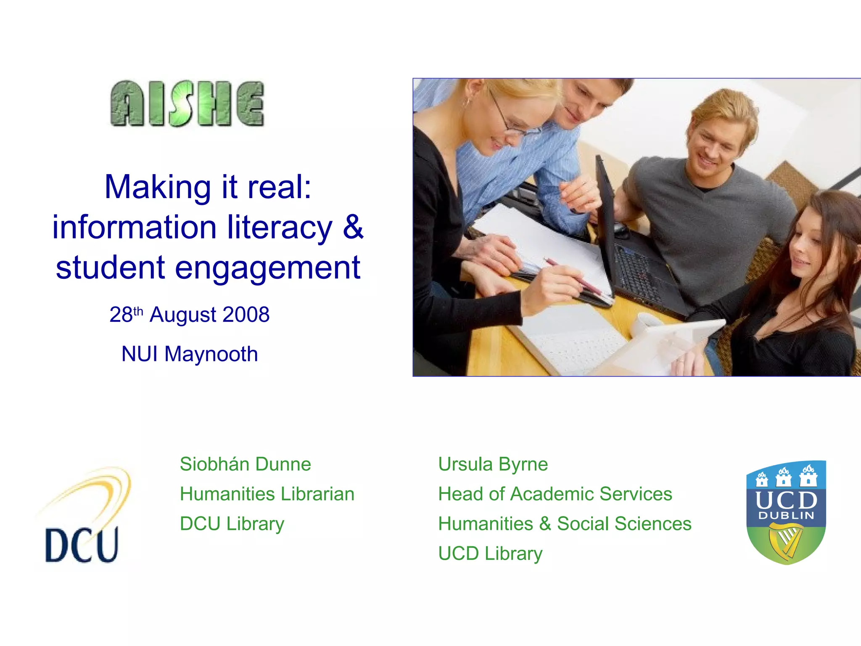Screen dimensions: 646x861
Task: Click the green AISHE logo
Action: tap(188, 103)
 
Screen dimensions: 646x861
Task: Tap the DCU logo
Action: tap(84, 517)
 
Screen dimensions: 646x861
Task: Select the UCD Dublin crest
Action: tap(786, 512)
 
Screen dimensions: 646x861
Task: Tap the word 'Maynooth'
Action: tap(211, 354)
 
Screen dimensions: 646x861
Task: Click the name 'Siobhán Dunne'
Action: tap(246, 464)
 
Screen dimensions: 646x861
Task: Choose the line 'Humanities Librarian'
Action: tap(267, 494)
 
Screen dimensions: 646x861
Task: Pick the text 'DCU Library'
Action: tap(232, 524)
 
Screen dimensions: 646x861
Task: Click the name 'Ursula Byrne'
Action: tap(493, 464)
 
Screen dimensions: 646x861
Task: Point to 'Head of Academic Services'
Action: tap(555, 494)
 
